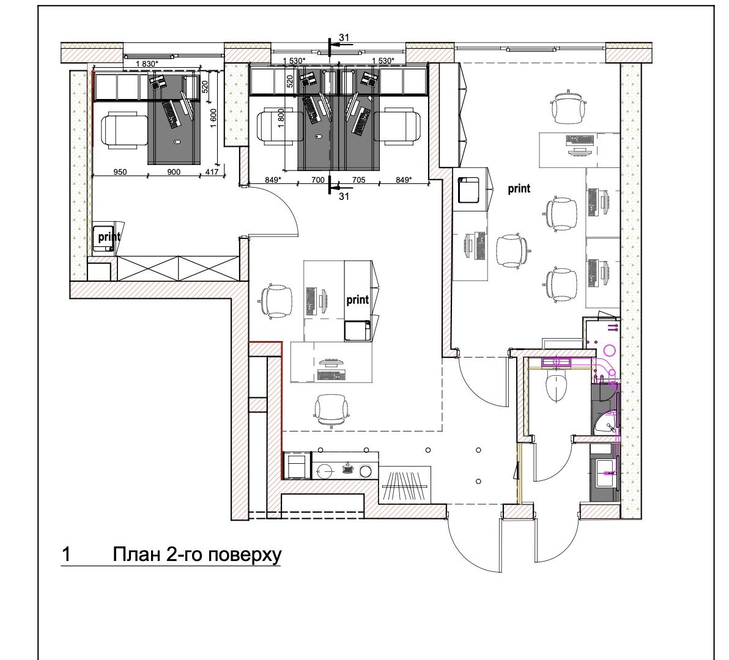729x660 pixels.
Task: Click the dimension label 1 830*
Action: [x=149, y=64]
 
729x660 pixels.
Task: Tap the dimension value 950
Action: [x=120, y=172]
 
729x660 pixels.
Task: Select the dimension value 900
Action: [x=174, y=172]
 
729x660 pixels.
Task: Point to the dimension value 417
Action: [x=212, y=172]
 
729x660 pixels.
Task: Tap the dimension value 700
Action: [x=318, y=180]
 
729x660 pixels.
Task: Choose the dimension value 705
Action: [x=359, y=180]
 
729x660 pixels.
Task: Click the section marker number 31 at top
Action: [x=344, y=38]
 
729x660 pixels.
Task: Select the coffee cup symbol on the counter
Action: [x=347, y=468]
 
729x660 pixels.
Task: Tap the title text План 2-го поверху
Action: [x=197, y=555]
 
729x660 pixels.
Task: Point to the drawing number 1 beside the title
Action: [x=67, y=554]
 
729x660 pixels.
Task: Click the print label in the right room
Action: [x=519, y=189]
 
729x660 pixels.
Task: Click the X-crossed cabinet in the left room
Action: [x=178, y=268]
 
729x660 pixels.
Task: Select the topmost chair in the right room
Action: [x=568, y=106]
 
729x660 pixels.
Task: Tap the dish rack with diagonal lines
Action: [x=405, y=485]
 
